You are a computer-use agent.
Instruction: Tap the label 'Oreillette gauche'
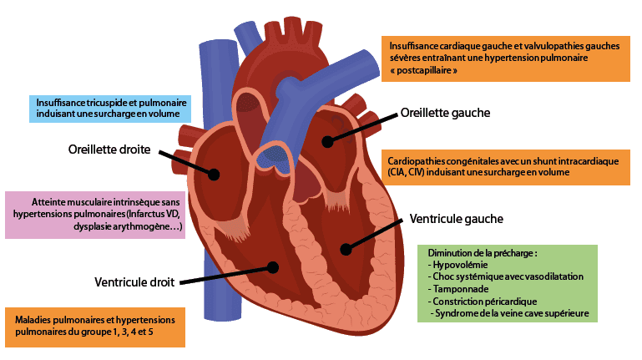(x=445, y=112)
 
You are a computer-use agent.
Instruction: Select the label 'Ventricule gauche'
(x=456, y=219)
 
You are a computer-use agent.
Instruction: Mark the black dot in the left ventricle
(x=345, y=248)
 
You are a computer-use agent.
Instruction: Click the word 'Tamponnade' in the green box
(x=458, y=288)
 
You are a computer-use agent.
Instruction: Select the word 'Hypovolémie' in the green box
(x=460, y=264)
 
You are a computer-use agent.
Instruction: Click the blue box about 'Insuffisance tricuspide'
(x=110, y=107)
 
